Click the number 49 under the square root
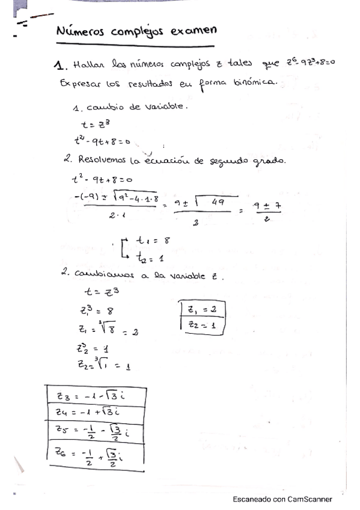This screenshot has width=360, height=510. [218, 203]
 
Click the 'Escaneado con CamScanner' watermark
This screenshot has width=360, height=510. [282, 499]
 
